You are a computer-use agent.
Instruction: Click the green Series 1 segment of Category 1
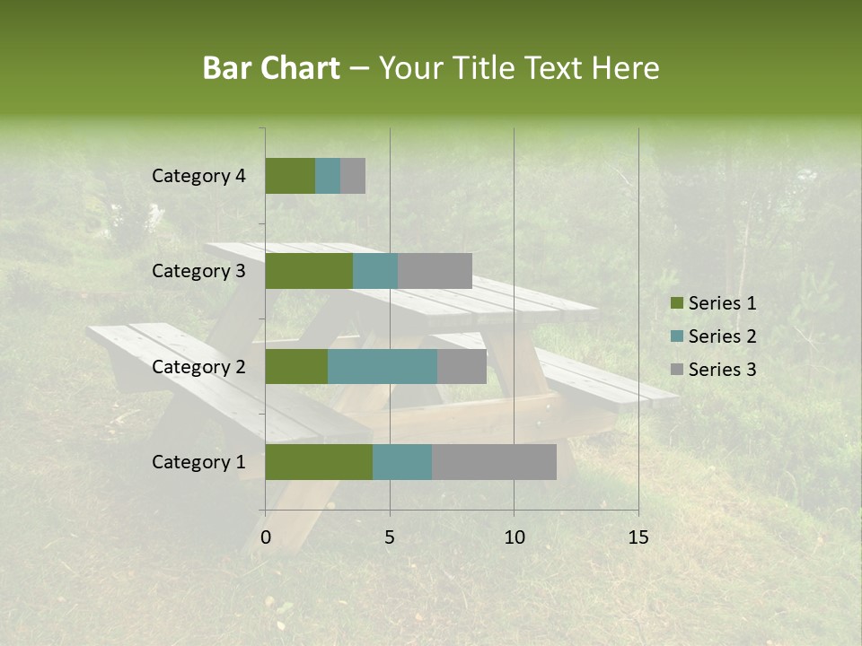pyautogui.click(x=319, y=462)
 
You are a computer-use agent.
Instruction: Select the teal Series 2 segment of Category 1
pyautogui.click(x=402, y=462)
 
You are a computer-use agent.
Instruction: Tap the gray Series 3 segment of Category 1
pyautogui.click(x=494, y=462)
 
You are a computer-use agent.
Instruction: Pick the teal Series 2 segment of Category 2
pyautogui.click(x=383, y=366)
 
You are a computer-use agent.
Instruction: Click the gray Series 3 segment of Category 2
pyautogui.click(x=462, y=366)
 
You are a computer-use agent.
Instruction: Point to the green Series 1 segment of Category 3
pyautogui.click(x=309, y=271)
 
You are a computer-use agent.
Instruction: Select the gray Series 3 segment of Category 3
pyautogui.click(x=435, y=271)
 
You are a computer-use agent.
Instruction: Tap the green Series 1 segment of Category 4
pyautogui.click(x=290, y=176)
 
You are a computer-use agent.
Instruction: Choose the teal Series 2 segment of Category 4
pyautogui.click(x=328, y=176)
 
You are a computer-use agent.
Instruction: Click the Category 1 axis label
pyautogui.click(x=198, y=462)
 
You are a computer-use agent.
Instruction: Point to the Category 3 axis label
pyautogui.click(x=198, y=271)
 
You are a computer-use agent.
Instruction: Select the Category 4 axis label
pyautogui.click(x=198, y=176)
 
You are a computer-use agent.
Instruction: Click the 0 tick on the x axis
pyautogui.click(x=266, y=537)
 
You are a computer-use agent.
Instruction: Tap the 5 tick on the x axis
pyautogui.click(x=390, y=537)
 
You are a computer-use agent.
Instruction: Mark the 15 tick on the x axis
pyautogui.click(x=638, y=537)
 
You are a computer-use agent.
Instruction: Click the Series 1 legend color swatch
pyautogui.click(x=676, y=303)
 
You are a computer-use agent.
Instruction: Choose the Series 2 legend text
pyautogui.click(x=722, y=336)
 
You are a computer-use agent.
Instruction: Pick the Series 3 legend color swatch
pyautogui.click(x=676, y=370)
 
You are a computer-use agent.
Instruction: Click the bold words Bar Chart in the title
pyautogui.click(x=271, y=68)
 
